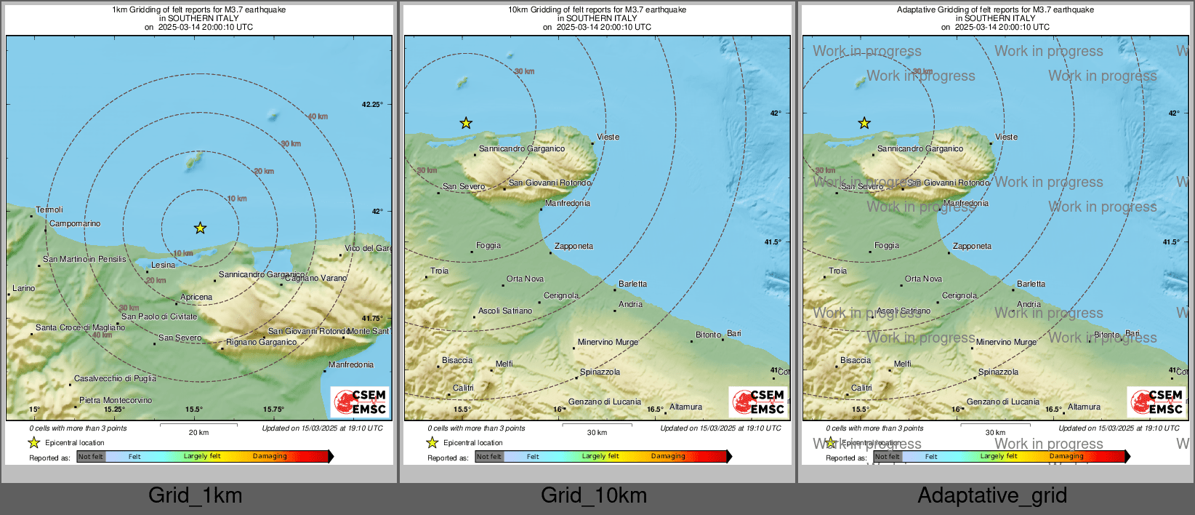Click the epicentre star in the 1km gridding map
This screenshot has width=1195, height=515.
point(200,228)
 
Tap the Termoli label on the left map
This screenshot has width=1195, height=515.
point(49,209)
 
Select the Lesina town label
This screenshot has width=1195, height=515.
point(163,265)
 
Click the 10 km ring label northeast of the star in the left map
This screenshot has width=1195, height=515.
point(237,199)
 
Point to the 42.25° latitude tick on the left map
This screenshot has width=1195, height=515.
point(371,105)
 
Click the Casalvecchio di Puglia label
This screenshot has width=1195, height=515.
point(115,378)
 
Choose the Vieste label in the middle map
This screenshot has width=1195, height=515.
point(608,137)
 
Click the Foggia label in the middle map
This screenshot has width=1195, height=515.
point(488,245)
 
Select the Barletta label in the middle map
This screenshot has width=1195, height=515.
point(632,284)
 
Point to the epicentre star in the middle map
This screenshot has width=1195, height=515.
point(466,124)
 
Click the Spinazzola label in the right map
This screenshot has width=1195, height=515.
point(998,372)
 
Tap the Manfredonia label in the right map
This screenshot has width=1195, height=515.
point(965,203)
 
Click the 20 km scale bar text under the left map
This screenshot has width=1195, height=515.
point(198,432)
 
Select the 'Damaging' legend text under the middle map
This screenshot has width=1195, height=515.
point(668,456)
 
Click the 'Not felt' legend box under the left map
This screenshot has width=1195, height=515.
point(91,457)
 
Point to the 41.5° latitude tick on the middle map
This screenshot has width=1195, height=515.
point(773,242)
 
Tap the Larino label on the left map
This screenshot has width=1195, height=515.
point(23,288)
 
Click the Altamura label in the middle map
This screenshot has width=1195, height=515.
point(685,407)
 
